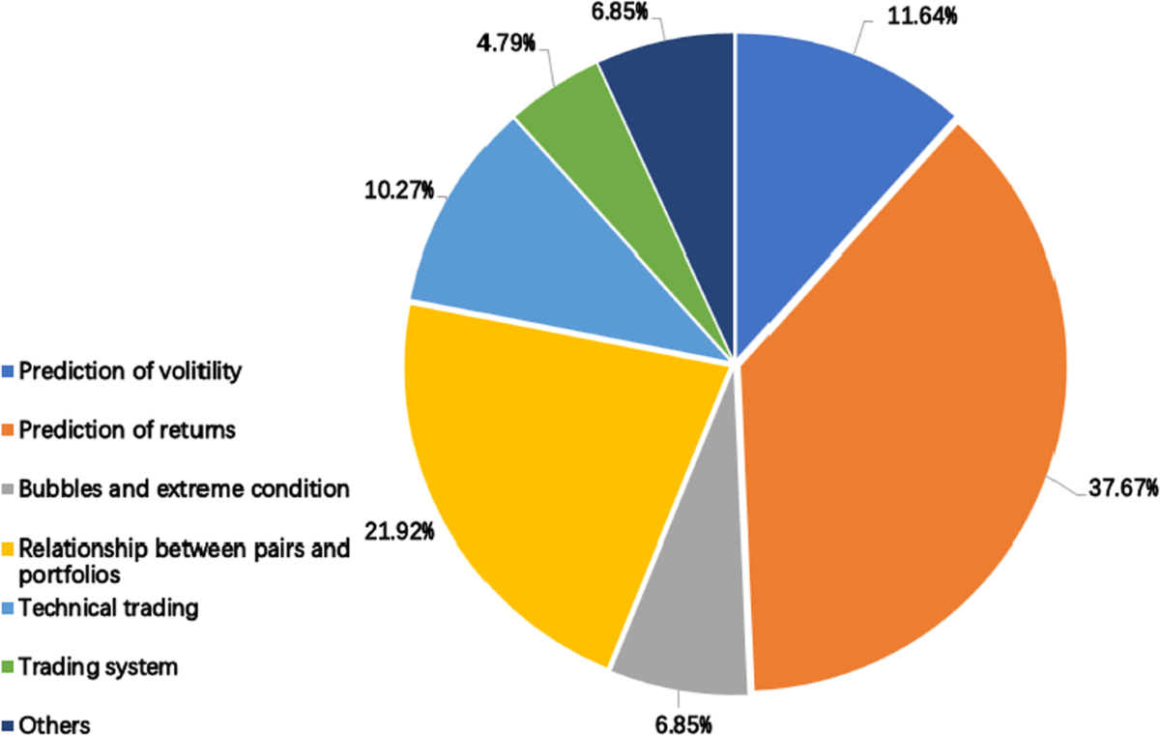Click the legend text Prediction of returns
(127, 430)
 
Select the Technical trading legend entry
(108, 608)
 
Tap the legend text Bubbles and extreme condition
(184, 488)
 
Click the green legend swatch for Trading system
(9, 667)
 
